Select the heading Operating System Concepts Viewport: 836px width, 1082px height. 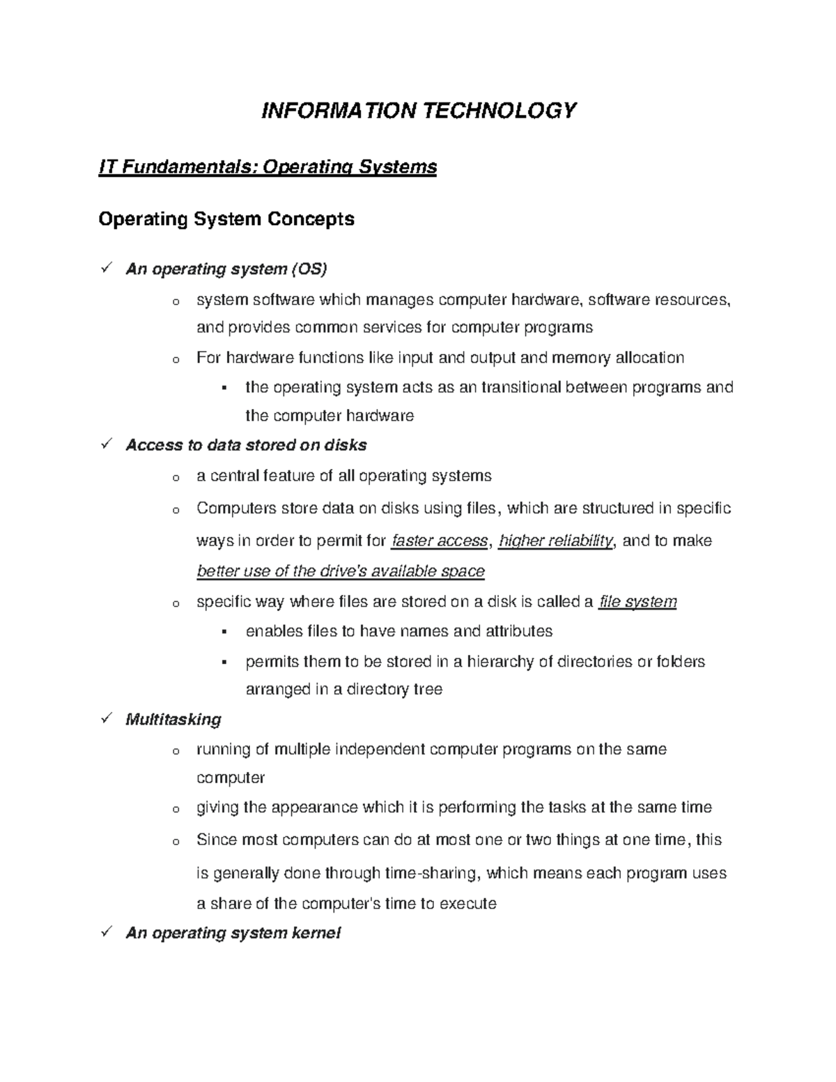pos(226,219)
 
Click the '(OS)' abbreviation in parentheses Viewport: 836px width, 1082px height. pos(309,269)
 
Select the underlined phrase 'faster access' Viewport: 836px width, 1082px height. pos(440,541)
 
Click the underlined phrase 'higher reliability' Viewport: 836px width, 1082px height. pos(556,541)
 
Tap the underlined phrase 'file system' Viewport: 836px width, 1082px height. pos(637,601)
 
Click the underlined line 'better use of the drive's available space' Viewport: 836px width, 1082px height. pos(341,571)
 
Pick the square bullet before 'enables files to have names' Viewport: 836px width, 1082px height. pos(224,632)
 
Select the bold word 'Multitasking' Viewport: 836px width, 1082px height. pos(173,719)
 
